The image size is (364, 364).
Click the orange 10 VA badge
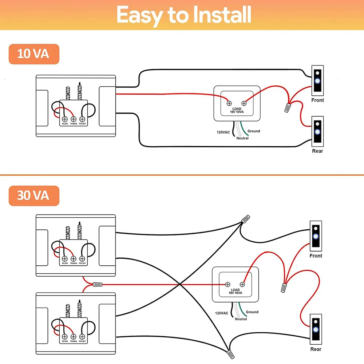(33, 54)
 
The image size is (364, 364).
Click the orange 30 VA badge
(33, 195)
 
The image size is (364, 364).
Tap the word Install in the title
(210, 15)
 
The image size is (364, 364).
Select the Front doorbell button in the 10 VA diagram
(317, 79)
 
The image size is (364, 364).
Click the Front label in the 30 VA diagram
(316, 256)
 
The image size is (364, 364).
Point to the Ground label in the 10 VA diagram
(254, 131)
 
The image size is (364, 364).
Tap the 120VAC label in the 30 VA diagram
(222, 313)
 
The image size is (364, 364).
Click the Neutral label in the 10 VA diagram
(242, 138)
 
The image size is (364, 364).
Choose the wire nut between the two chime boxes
(98, 284)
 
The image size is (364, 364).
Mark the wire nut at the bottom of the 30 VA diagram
(229, 353)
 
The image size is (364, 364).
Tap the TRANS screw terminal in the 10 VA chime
(73, 119)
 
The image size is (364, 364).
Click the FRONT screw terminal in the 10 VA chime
(82, 119)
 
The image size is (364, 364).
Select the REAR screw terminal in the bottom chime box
(65, 337)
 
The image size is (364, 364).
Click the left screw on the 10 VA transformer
(229, 102)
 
